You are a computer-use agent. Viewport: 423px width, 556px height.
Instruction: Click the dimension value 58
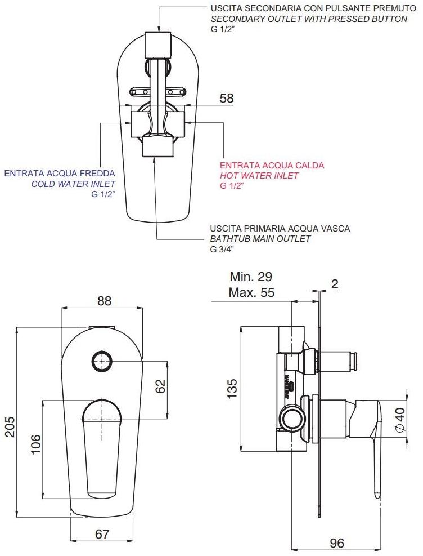tap(226, 98)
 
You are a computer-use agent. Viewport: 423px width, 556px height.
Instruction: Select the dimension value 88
tap(104, 301)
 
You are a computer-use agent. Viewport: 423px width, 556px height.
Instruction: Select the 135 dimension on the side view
tap(232, 388)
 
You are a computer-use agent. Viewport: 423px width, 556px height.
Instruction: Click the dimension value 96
tap(336, 543)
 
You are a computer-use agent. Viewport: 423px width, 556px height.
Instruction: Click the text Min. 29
tap(251, 277)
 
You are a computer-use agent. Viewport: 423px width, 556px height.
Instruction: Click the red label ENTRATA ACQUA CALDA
tap(272, 166)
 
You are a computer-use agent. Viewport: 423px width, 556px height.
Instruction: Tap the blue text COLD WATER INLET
tap(73, 184)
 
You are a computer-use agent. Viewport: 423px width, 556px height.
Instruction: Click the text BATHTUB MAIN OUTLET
tap(260, 238)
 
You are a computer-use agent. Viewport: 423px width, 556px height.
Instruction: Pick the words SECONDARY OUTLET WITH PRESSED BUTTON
tap(309, 19)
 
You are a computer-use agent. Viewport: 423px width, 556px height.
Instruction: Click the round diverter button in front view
tap(101, 361)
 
